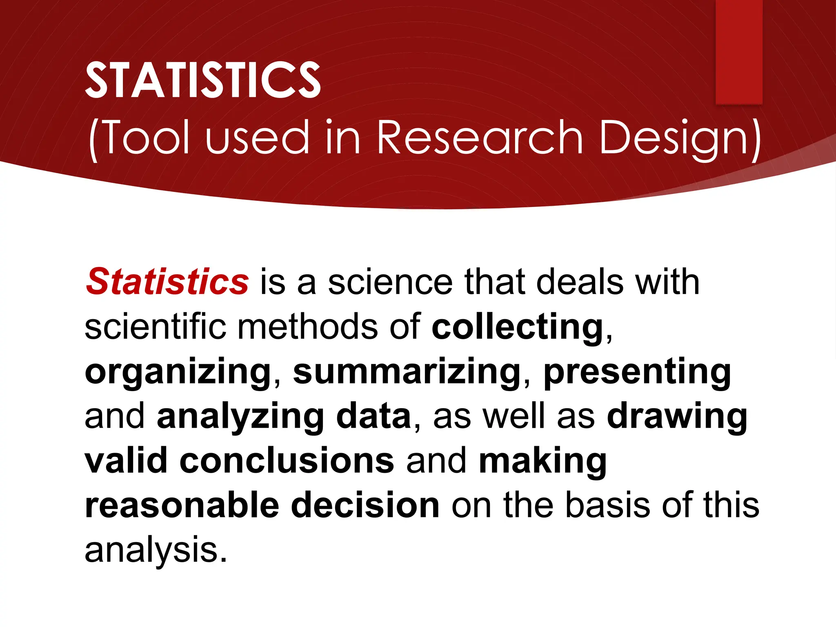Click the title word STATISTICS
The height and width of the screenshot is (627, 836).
[203, 80]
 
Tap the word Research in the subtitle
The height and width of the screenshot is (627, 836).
[480, 138]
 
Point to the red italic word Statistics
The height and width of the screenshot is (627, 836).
[167, 282]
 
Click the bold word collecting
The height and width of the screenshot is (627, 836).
[518, 327]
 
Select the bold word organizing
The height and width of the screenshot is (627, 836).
[178, 372]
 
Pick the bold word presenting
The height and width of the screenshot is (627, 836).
[637, 372]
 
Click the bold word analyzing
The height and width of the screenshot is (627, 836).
[240, 417]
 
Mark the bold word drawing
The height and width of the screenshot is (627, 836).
[677, 417]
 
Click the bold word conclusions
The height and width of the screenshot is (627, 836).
[287, 461]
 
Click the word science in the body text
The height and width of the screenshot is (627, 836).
[390, 282]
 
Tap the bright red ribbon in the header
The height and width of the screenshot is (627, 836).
[739, 51]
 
